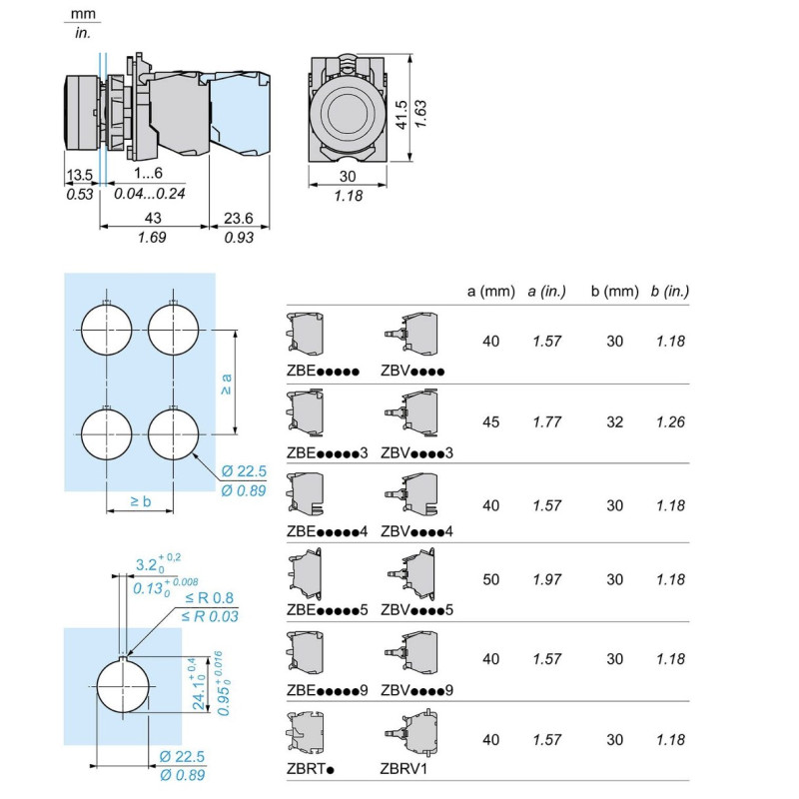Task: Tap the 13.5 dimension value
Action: (79, 175)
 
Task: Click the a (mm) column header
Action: (490, 292)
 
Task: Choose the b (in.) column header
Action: (670, 292)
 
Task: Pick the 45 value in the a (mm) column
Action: (490, 422)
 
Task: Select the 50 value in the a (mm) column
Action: (490, 579)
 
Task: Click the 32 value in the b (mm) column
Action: (614, 422)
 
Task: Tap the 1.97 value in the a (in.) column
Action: (546, 579)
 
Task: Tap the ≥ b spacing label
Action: (140, 500)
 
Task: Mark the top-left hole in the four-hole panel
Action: (106, 328)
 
